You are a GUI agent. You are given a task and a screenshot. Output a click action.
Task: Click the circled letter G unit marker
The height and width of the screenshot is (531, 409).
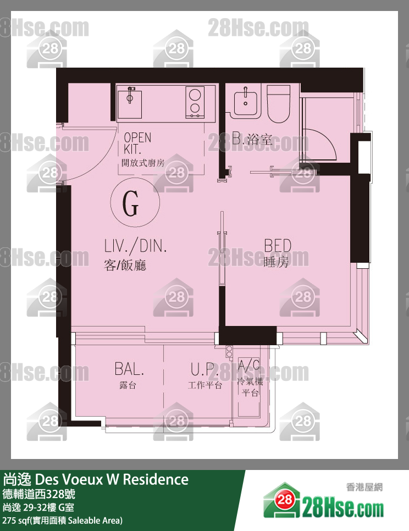[x=135, y=202]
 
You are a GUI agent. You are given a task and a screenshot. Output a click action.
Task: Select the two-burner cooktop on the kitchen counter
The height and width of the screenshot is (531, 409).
[x=195, y=102]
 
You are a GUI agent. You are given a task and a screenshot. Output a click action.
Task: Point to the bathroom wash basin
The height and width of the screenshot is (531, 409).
[x=246, y=101]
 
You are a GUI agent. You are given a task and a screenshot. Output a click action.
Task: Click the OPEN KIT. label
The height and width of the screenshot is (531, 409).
[x=137, y=143]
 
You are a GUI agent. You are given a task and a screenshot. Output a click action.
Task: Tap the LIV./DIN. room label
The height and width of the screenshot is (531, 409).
[x=135, y=246]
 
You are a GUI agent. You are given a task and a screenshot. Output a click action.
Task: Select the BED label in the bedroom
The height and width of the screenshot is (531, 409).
[x=278, y=246]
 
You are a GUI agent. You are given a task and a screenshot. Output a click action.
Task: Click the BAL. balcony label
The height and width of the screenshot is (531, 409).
[x=129, y=369]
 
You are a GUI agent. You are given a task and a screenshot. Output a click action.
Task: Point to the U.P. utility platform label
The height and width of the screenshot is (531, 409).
[x=204, y=369]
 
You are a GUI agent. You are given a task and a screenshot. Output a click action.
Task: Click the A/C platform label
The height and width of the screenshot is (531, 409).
[x=249, y=366]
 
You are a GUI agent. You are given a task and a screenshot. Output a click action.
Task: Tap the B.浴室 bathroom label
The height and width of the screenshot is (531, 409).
[x=252, y=139]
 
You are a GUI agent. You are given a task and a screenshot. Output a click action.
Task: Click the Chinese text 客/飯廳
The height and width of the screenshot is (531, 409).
[x=125, y=265]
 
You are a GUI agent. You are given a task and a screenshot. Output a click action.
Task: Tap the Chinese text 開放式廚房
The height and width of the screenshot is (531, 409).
[x=143, y=163]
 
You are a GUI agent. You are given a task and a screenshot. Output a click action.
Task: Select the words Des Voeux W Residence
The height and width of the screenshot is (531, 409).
[x=112, y=479]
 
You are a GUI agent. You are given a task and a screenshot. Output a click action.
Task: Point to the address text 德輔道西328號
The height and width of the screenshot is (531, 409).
[x=38, y=494]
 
